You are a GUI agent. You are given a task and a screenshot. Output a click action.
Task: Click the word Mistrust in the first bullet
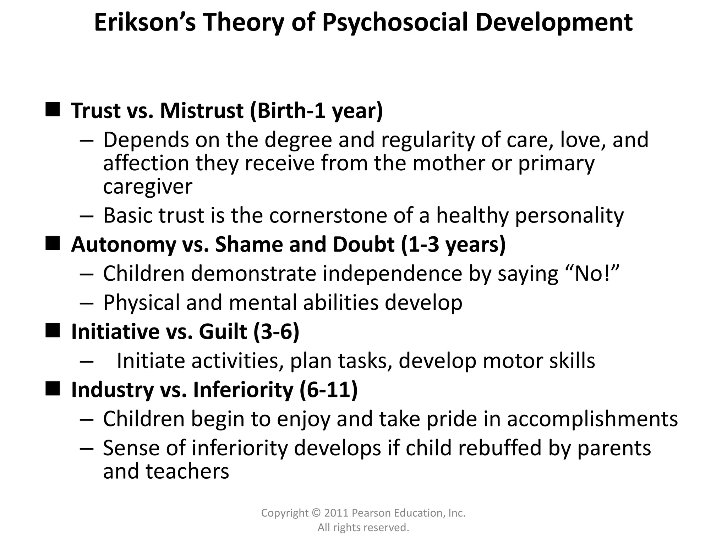202,111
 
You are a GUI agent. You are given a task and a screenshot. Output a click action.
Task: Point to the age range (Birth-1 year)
316,111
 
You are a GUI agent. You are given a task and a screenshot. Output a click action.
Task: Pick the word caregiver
148,187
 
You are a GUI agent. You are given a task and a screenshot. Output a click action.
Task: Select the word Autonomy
123,245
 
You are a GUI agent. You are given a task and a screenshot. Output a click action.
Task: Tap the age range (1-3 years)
453,245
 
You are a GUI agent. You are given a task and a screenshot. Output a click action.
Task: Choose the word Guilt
223,332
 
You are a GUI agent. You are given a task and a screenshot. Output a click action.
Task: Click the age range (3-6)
277,332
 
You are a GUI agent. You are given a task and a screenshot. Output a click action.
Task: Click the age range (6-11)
328,390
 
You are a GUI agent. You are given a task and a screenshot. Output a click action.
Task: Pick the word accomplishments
592,419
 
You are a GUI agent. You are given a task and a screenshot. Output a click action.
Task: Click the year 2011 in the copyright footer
336,513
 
